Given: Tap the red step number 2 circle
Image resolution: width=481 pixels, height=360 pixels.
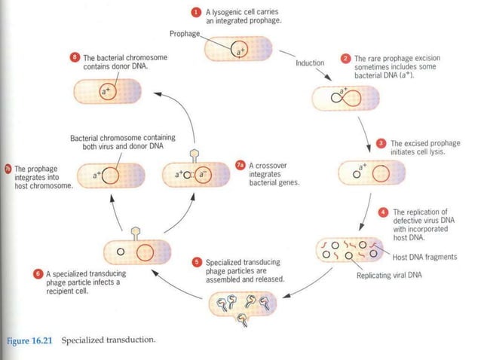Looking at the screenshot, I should point(346,58).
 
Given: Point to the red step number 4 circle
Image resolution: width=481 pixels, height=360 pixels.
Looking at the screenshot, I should point(383,212).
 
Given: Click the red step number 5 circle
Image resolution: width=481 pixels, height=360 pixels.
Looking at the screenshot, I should point(197,262).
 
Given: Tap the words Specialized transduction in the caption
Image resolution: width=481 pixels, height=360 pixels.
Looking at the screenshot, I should point(118,340).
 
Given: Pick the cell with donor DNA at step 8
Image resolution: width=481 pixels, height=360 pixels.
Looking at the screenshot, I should point(108,93).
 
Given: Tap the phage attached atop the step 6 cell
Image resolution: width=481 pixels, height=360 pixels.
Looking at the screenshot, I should point(136,229).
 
